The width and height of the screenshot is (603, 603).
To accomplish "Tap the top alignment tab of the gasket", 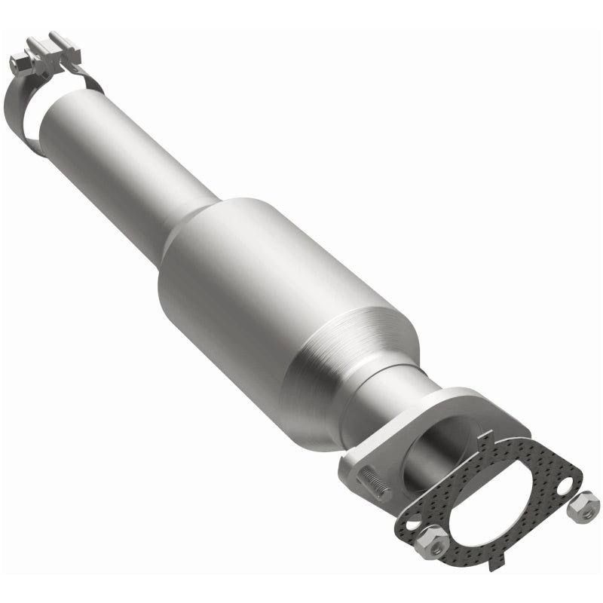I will click(491, 436).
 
